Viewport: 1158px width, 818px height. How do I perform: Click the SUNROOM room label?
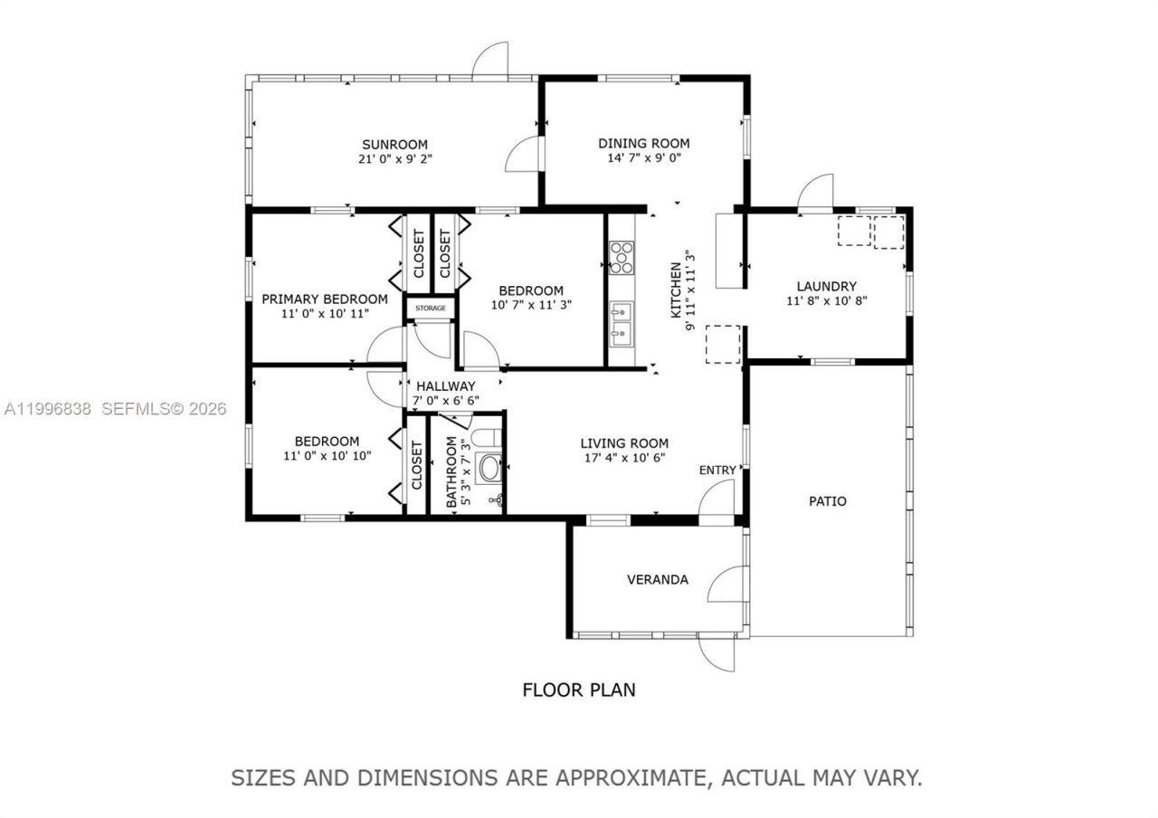point(394,144)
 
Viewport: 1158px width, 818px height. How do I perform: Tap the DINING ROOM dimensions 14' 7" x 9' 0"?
point(643,157)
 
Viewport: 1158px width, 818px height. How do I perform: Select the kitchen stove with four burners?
point(622,256)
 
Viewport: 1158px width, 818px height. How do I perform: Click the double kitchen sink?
point(622,324)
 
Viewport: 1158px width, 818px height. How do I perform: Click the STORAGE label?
point(431,309)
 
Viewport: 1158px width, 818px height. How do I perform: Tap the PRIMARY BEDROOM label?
point(324,299)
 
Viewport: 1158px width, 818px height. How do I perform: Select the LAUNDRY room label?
point(826,287)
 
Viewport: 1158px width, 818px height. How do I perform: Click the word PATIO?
point(827,500)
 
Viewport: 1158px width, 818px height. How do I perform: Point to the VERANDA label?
point(658,579)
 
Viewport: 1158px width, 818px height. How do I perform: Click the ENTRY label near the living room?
point(717,470)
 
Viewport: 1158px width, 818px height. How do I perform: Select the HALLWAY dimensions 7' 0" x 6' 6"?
point(446,399)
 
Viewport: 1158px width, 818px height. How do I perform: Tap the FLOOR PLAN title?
point(579,690)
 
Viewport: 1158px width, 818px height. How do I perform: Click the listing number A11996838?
point(48,409)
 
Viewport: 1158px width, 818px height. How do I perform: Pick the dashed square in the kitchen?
point(723,344)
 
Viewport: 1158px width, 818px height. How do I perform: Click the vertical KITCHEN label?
point(675,290)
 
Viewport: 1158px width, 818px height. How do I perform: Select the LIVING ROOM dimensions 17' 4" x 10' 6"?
point(624,457)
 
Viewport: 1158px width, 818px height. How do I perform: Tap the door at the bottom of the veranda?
point(717,653)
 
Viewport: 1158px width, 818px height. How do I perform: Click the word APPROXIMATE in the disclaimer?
point(629,777)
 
